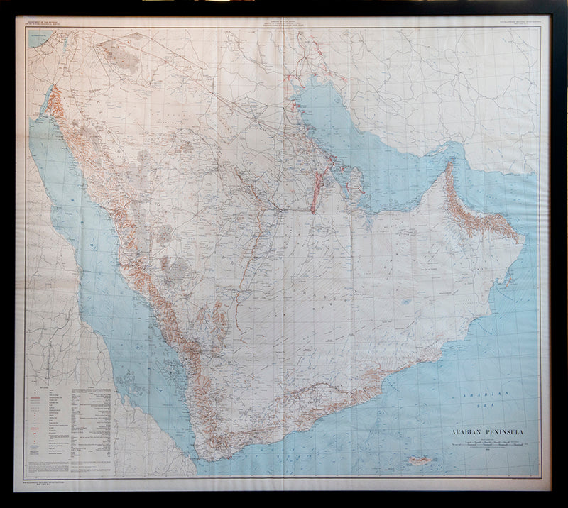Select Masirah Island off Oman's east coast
pos(510,266)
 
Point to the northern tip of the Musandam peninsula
pos(449,164)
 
